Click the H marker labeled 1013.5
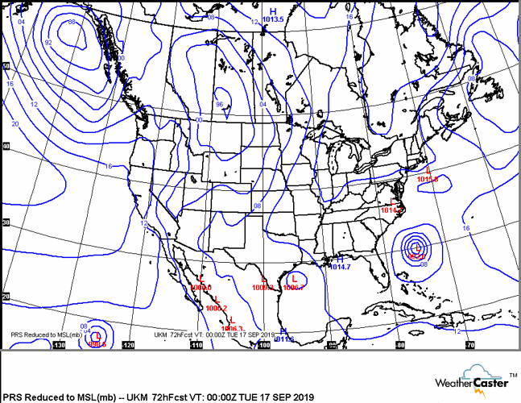pyautogui.click(x=273, y=11)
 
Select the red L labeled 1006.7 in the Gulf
pyautogui.click(x=295, y=279)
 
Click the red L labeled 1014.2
pyautogui.click(x=393, y=201)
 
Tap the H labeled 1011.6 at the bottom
pyautogui.click(x=283, y=331)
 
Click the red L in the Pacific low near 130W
pyautogui.click(x=97, y=335)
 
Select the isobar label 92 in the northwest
pyautogui.click(x=48, y=43)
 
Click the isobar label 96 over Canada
pyautogui.click(x=219, y=104)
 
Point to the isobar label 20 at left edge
pyautogui.click(x=16, y=123)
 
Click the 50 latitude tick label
pyautogui.click(x=6, y=66)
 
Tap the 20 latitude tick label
pyautogui.click(x=6, y=297)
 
